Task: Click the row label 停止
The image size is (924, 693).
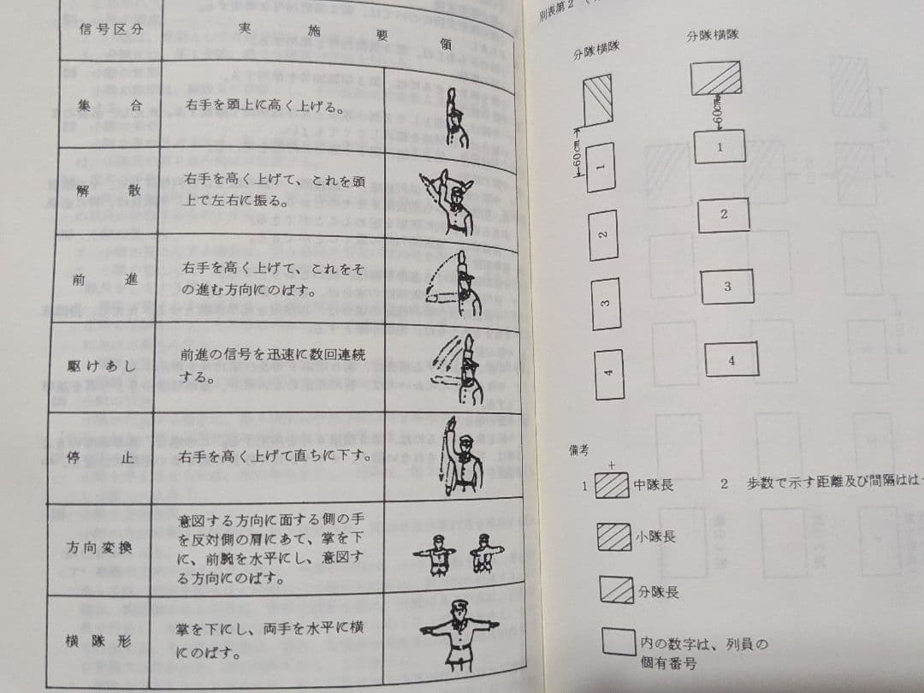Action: coord(101,457)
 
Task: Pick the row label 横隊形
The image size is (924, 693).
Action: coord(97,640)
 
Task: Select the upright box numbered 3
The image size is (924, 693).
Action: coord(605,305)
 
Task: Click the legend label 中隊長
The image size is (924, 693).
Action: coord(654,485)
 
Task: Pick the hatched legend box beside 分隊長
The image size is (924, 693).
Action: coord(616,589)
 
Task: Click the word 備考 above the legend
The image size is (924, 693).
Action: coord(579,450)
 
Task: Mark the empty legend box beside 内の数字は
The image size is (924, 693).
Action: coord(618,642)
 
